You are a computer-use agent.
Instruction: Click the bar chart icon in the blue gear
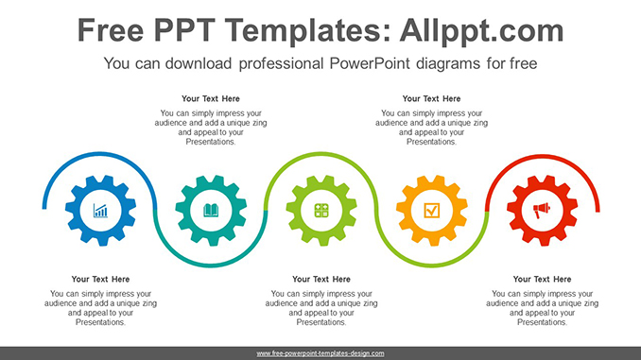100,211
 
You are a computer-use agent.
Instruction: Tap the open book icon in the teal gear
211,211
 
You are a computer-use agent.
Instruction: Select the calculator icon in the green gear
321,211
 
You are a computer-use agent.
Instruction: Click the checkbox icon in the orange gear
432,211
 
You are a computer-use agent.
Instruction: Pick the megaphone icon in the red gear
542,211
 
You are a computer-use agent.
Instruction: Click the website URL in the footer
320,353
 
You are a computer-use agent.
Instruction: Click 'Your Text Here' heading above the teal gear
211,98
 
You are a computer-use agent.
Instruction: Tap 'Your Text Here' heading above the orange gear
432,98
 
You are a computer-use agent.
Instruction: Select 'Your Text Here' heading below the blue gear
100,279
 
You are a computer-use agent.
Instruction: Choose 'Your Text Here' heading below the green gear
321,279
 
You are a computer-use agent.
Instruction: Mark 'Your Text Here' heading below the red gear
542,279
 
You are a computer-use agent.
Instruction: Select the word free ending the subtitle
522,64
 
